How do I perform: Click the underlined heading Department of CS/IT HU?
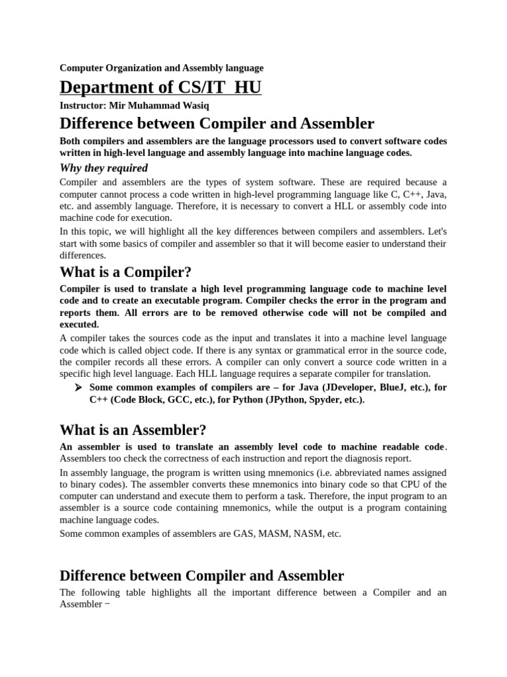(x=160, y=87)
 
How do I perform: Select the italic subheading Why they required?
(x=104, y=168)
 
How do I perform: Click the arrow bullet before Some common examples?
(x=80, y=387)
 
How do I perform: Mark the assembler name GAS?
(x=244, y=534)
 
